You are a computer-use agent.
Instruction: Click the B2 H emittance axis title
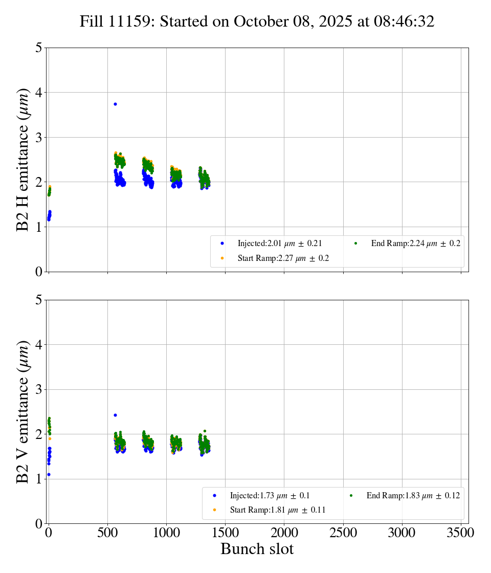(23, 160)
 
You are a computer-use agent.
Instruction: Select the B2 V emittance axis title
(23, 411)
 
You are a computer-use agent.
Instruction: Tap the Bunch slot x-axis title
(257, 549)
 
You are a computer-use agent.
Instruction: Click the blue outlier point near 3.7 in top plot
(115, 104)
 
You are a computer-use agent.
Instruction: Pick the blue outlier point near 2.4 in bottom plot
(115, 415)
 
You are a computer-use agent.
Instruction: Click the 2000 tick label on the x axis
(284, 533)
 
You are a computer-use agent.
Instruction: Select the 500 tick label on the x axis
(107, 533)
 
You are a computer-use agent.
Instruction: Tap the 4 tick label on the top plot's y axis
(39, 93)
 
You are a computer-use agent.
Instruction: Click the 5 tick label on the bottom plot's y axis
(39, 300)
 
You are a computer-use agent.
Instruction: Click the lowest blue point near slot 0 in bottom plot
(49, 474)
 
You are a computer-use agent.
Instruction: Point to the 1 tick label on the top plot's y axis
(39, 227)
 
